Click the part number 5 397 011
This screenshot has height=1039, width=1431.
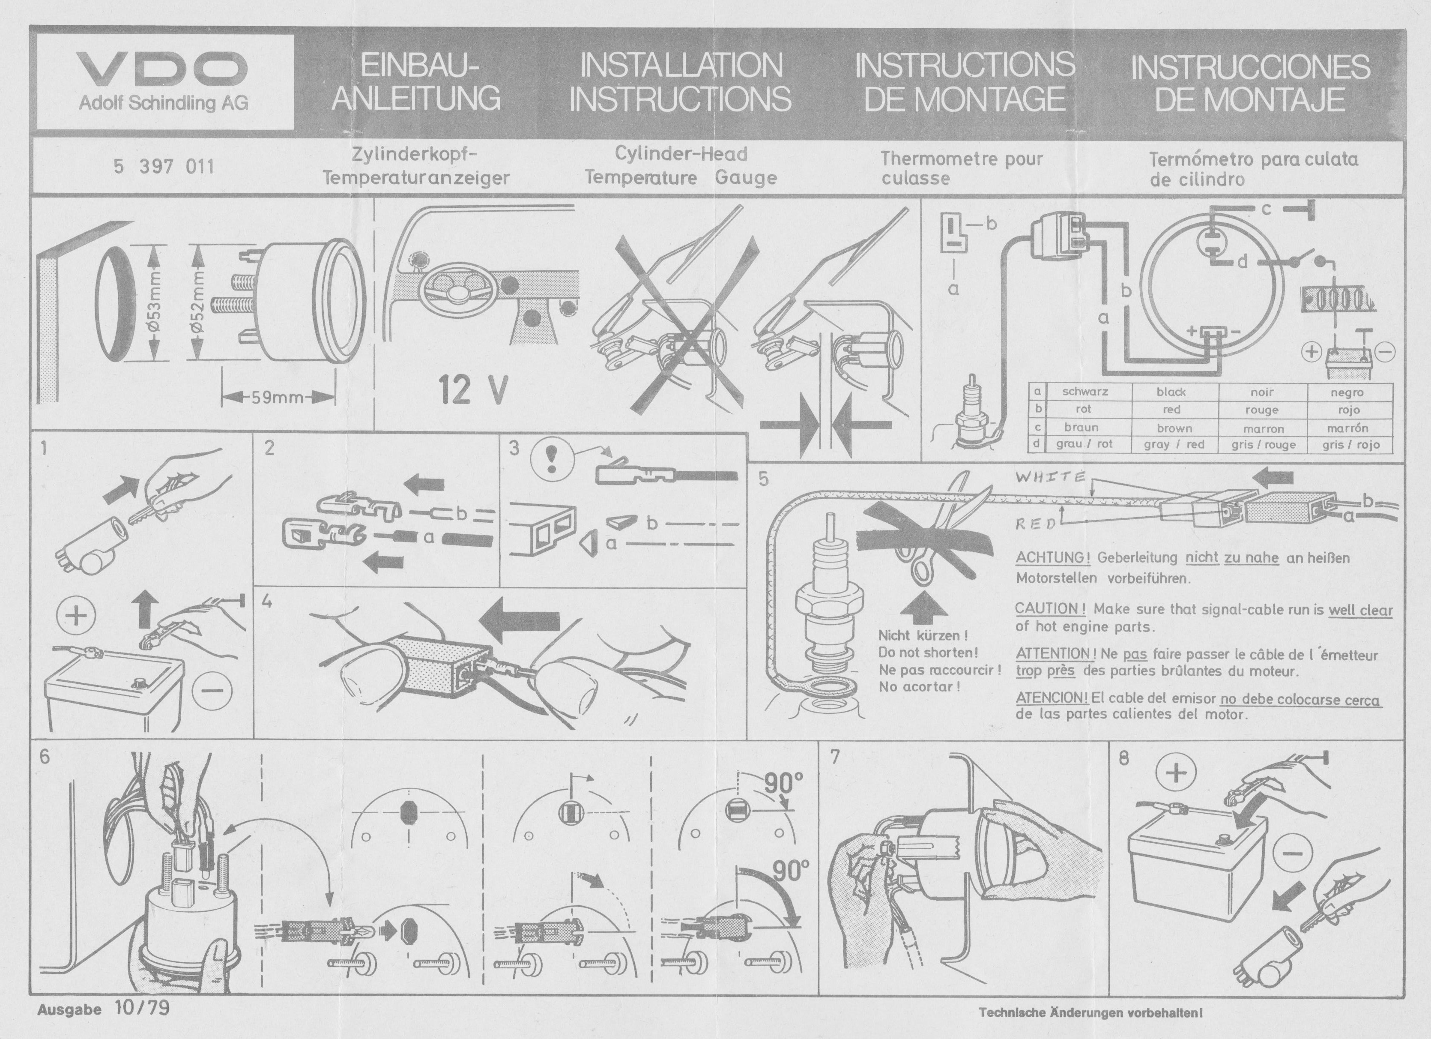[164, 167]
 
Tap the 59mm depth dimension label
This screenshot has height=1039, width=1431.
[278, 398]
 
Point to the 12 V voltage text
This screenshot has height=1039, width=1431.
[472, 389]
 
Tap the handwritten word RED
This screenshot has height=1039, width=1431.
[1035, 523]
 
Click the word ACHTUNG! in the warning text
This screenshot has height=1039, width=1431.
[1052, 558]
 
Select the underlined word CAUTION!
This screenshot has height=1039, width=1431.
[1050, 608]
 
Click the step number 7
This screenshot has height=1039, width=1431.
[835, 758]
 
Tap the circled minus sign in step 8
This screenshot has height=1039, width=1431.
[1294, 853]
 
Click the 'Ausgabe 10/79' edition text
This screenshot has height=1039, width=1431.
[104, 1008]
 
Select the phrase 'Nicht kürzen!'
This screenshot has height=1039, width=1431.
[923, 636]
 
